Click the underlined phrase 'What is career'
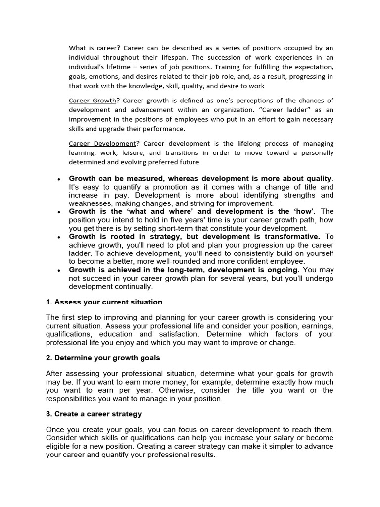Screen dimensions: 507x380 93,48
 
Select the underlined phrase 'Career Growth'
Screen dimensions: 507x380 93,101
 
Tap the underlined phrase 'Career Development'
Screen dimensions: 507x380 101,143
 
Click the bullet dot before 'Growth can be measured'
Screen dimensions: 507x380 59,179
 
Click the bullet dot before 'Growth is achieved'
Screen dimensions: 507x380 59,270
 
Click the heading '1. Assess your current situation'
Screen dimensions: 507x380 104,302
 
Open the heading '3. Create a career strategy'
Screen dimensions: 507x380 94,413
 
